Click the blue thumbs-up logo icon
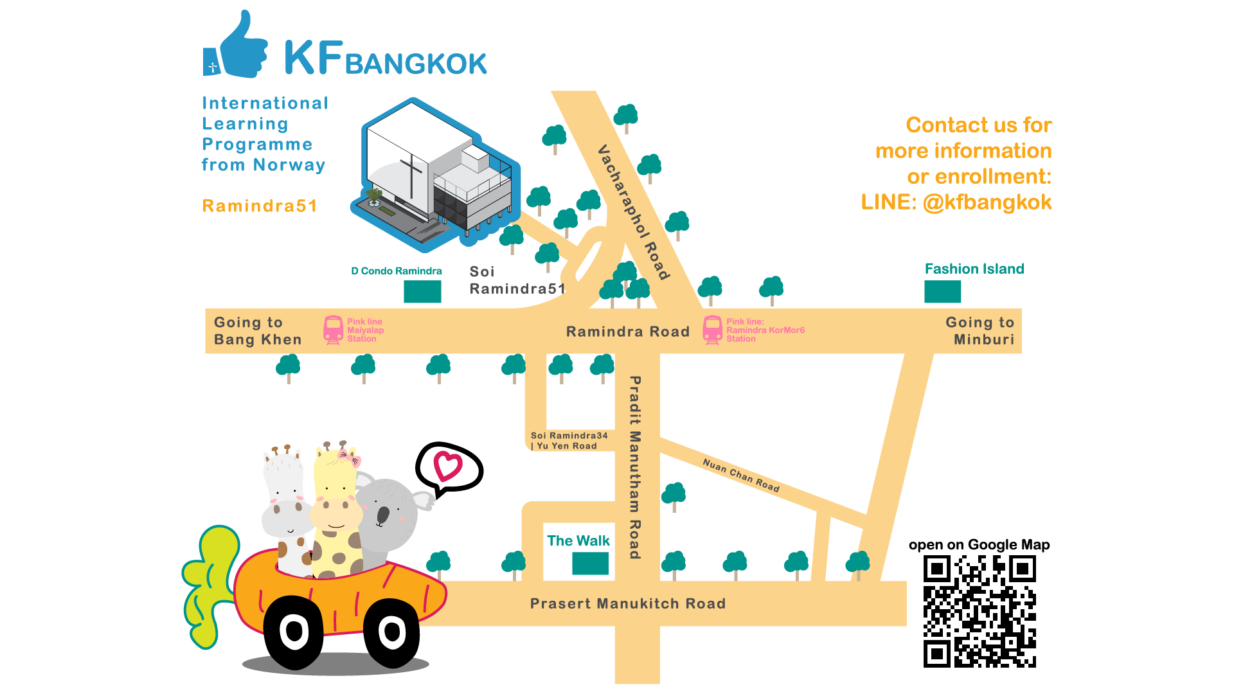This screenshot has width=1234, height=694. tap(237, 48)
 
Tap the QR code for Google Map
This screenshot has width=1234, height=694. tap(979, 612)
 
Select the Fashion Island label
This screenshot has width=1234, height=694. tap(974, 269)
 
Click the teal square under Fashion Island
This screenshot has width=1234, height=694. tap(942, 292)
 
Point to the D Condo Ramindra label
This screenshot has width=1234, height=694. tap(397, 271)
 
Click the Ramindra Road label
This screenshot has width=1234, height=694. tap(627, 332)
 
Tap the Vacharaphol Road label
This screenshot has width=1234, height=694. tap(634, 212)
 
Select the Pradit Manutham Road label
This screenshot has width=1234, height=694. tap(635, 467)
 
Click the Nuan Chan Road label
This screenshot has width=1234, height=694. tap(740, 476)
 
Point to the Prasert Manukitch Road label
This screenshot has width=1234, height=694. tap(627, 604)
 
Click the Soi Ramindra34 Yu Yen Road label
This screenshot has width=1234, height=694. tap(568, 441)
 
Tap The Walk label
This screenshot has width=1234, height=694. tap(578, 541)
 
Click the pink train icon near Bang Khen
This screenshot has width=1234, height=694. tap(333, 330)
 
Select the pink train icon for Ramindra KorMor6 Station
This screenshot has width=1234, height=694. tap(712, 330)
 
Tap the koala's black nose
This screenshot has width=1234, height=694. tap(383, 515)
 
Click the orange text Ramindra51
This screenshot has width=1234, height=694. tap(260, 206)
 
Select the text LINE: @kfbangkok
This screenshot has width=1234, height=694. tap(956, 202)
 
